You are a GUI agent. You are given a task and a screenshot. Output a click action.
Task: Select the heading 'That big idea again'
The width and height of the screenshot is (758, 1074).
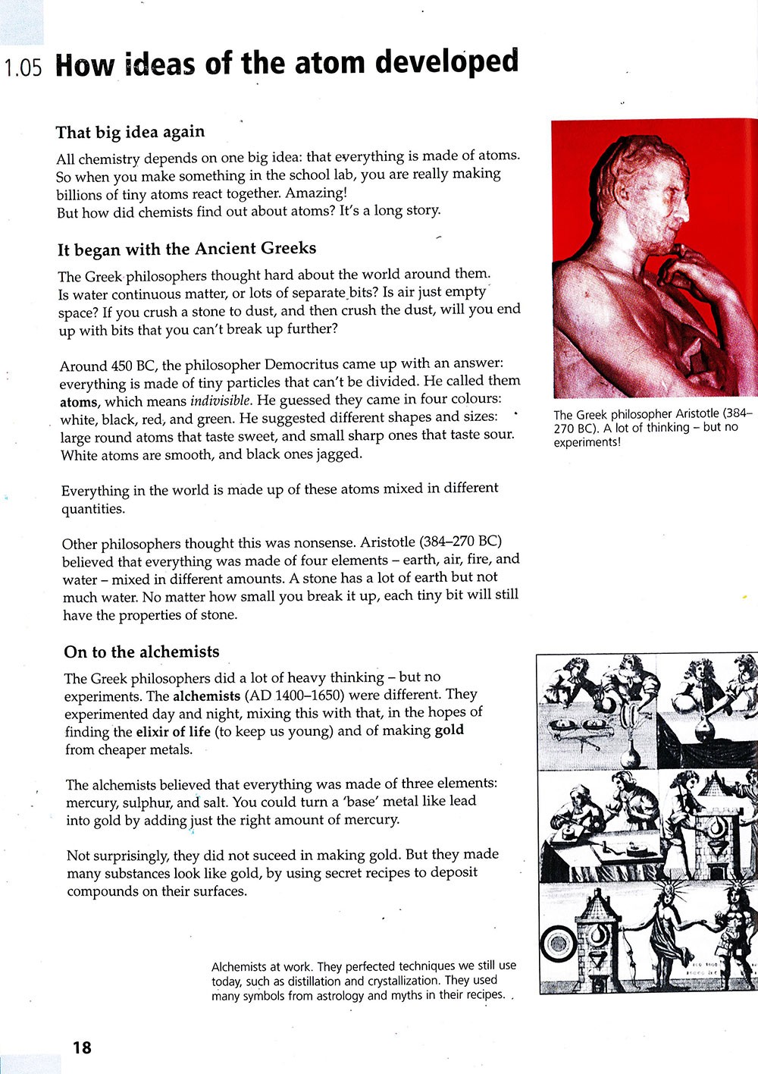[130, 132]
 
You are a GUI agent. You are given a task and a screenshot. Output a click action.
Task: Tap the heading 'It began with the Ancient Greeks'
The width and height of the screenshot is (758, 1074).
[186, 249]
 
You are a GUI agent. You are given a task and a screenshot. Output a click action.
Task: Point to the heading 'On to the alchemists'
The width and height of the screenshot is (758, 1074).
[142, 652]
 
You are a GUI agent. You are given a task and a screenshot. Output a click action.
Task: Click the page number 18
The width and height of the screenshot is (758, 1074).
[82, 1047]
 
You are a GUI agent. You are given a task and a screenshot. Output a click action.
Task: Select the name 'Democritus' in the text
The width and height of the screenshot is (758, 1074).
[296, 364]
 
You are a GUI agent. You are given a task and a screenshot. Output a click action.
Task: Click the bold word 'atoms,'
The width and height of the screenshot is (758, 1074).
[80, 402]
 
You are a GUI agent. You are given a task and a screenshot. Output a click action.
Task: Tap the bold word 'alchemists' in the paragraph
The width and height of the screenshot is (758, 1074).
[206, 696]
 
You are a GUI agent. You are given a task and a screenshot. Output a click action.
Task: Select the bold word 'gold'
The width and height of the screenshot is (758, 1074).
[449, 730]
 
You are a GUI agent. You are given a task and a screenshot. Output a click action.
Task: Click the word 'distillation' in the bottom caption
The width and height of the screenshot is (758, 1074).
[302, 981]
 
